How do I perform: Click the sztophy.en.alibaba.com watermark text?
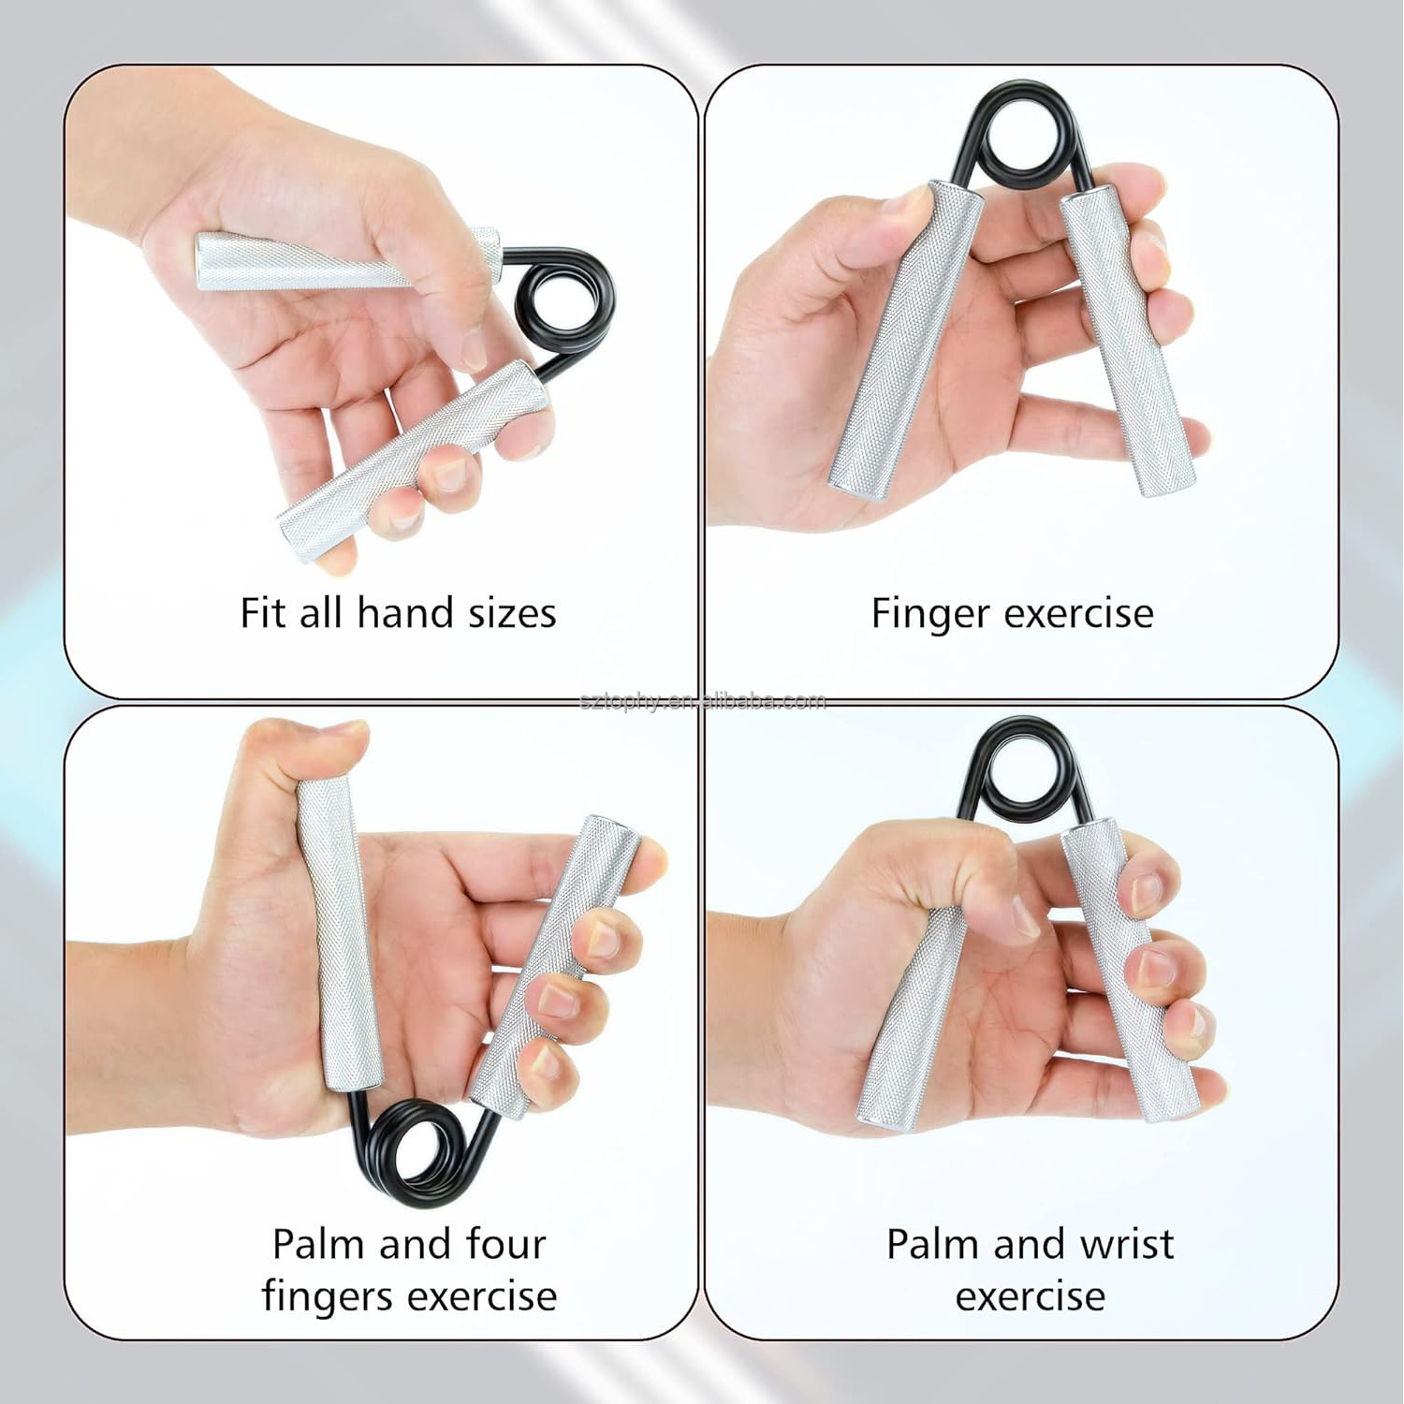[x=702, y=701]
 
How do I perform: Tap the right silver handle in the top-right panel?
[x=1127, y=337]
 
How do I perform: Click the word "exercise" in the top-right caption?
[x=1078, y=615]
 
